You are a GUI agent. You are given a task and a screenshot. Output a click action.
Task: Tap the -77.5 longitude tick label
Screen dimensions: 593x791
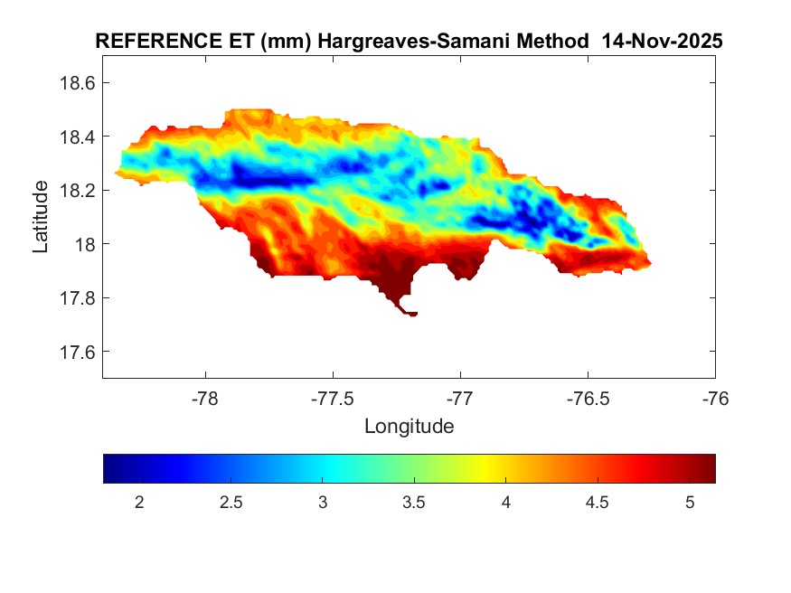[x=333, y=398]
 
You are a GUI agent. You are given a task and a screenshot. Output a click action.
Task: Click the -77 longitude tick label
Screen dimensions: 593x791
[x=460, y=398]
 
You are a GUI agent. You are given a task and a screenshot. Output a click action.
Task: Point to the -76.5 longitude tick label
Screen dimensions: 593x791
[x=588, y=398]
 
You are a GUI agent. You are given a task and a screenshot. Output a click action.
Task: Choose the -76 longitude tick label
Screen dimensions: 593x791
[x=715, y=398]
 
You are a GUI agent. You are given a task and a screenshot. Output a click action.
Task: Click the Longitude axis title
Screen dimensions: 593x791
[x=409, y=426]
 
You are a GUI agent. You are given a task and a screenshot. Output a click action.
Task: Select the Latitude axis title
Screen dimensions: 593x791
[x=41, y=216]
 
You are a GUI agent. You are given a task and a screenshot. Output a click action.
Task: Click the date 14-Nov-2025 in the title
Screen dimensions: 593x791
[x=667, y=42]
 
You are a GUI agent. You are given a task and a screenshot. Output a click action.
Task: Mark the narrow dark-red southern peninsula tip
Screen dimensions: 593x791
[x=411, y=314]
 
